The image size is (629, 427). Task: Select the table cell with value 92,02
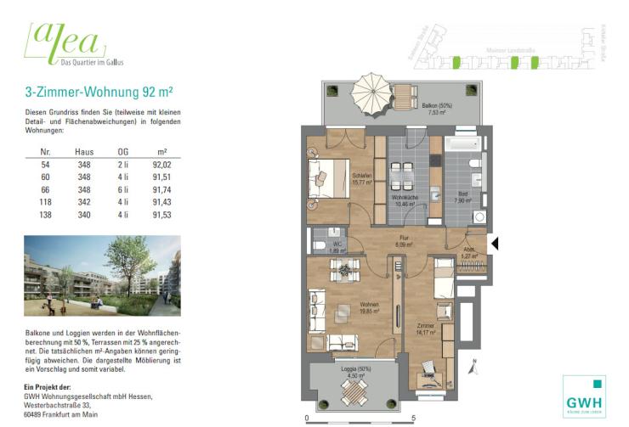pyautogui.click(x=161, y=165)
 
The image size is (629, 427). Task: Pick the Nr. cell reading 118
pyautogui.click(x=47, y=204)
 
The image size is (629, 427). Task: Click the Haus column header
pyautogui.click(x=84, y=152)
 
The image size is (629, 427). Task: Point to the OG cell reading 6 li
pyautogui.click(x=122, y=191)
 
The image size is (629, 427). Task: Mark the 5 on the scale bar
pyautogui.click(x=413, y=419)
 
